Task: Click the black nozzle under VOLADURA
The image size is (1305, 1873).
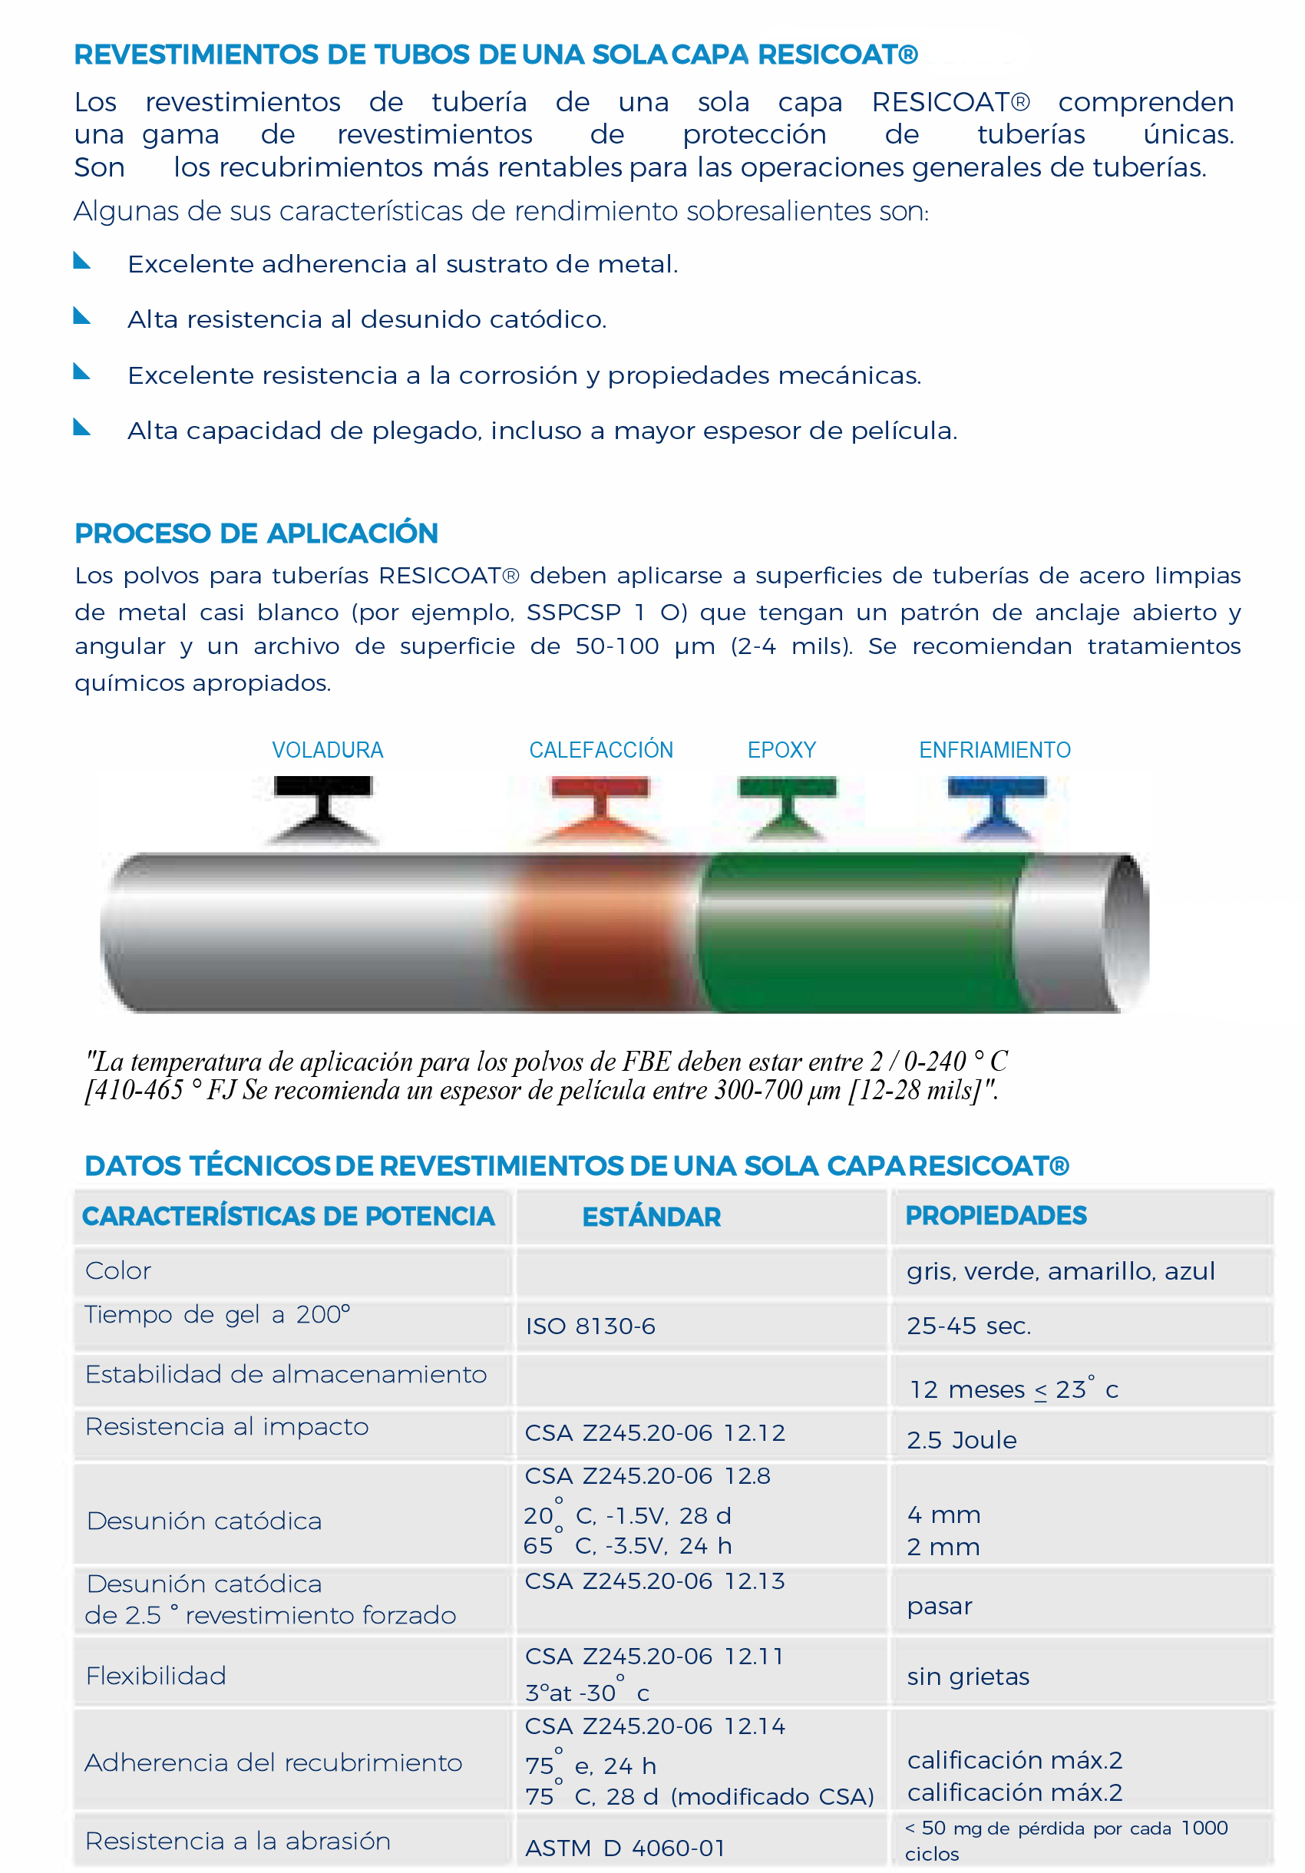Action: click(x=323, y=807)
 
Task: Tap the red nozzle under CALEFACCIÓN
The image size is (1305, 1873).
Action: click(x=600, y=808)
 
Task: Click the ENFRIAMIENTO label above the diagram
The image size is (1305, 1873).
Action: click(x=994, y=750)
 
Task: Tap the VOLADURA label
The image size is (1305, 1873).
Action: click(x=327, y=750)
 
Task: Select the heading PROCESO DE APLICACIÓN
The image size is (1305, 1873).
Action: click(x=256, y=533)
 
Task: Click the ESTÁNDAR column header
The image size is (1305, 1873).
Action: click(x=651, y=1217)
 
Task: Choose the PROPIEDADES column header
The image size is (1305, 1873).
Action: click(x=996, y=1214)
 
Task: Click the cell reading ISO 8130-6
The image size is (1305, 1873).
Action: click(x=590, y=1326)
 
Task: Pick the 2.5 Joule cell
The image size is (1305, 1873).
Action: click(x=962, y=1440)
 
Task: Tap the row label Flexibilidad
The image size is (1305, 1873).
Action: click(x=156, y=1676)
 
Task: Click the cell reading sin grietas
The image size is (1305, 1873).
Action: click(x=968, y=1676)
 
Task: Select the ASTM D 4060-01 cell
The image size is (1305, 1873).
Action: click(x=625, y=1848)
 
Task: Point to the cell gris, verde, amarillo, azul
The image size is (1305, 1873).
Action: click(x=1060, y=1271)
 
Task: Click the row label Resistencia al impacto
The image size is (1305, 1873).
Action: click(x=226, y=1426)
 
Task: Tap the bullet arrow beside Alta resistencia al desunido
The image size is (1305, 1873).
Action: click(x=81, y=315)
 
